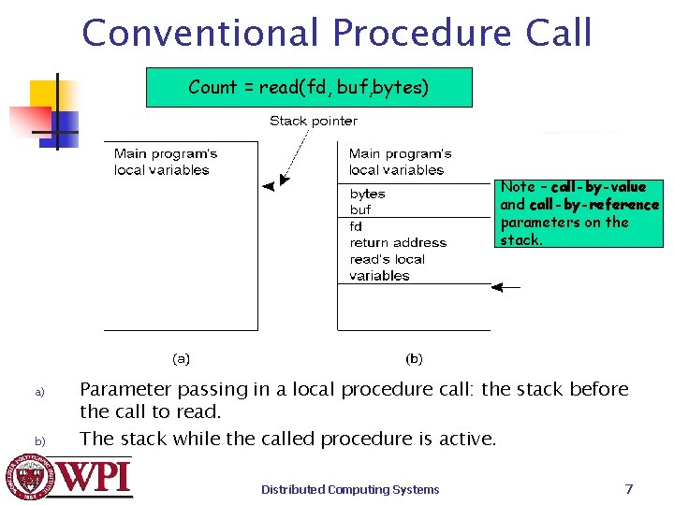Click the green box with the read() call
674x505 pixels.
pos(309,88)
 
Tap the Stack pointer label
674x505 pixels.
pos(314,121)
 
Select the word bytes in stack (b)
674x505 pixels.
pos(368,194)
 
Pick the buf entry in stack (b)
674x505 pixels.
pos(360,210)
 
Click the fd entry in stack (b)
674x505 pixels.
pos(356,226)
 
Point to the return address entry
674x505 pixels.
pos(398,243)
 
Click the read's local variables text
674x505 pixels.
pos(387,267)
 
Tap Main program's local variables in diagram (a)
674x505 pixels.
pos(166,162)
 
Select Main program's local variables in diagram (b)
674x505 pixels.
pos(400,162)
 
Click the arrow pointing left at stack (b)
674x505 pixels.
pos(506,288)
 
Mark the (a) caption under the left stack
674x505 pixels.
pos(181,358)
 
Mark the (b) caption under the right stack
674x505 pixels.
pos(414,358)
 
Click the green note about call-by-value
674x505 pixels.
pos(579,213)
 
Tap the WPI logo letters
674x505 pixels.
pos(94,477)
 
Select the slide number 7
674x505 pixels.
pos(629,488)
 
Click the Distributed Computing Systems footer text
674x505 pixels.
pos(350,489)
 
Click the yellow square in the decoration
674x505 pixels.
pos(44,94)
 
